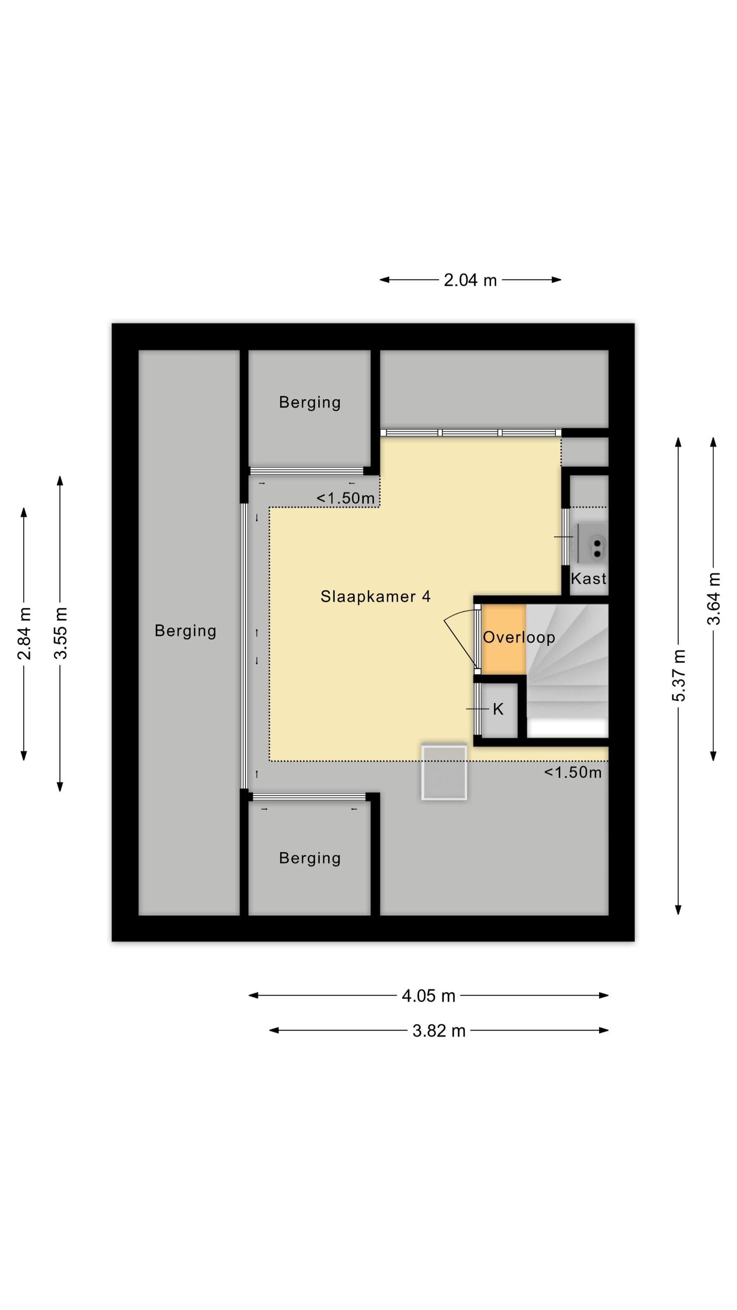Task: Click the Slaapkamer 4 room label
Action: tap(375, 596)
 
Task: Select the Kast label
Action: tap(589, 578)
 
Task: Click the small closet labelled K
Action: tap(499, 710)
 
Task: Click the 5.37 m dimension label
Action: tap(679, 676)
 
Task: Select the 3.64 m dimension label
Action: tap(714, 599)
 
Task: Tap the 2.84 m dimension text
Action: tap(24, 633)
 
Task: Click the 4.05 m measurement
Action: tap(428, 996)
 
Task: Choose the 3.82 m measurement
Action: tap(439, 1031)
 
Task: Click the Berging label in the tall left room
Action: tap(186, 631)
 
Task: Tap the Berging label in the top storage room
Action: tap(310, 403)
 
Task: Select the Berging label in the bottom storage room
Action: tap(310, 858)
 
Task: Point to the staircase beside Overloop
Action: tap(567, 670)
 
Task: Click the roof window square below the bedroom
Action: tap(444, 772)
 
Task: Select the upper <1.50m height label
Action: tap(345, 498)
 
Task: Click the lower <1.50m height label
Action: tap(573, 773)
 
